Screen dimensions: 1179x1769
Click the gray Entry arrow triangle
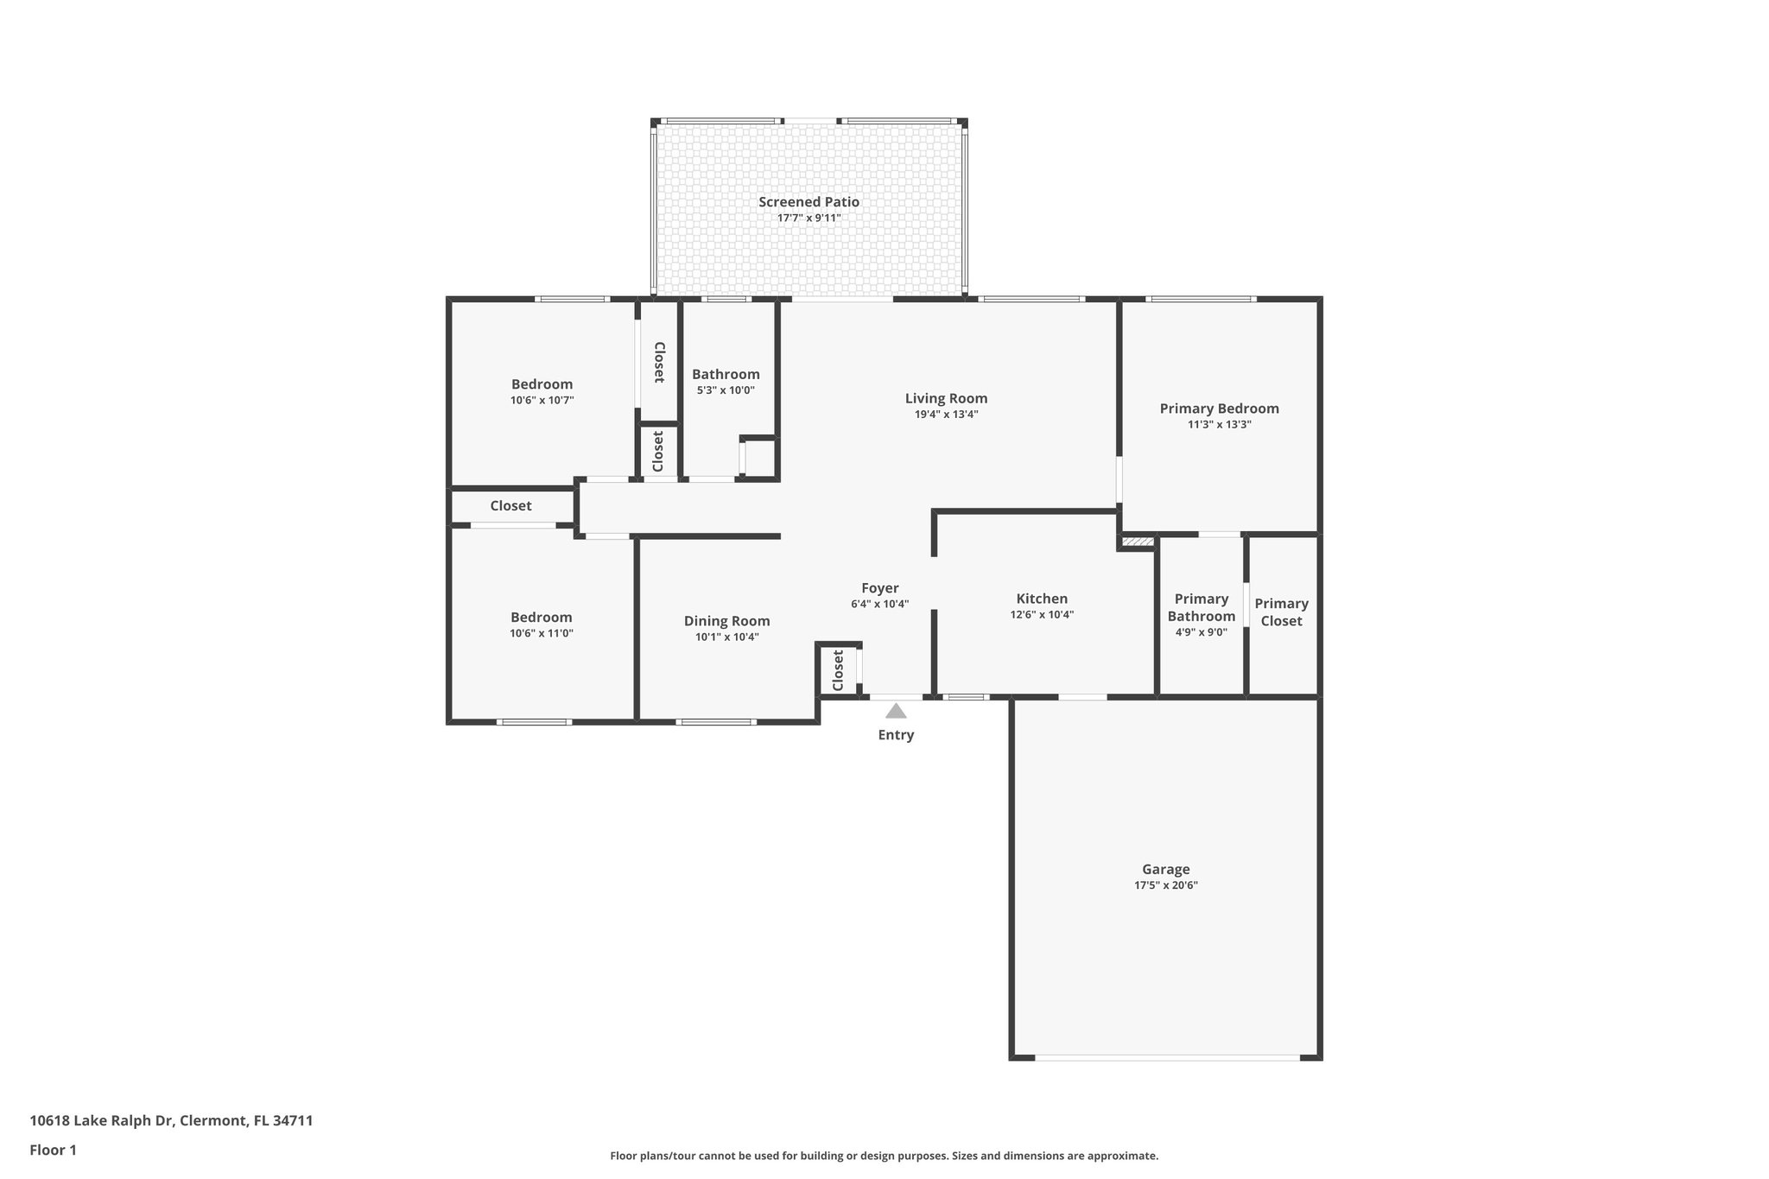pos(896,711)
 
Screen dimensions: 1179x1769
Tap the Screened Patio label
pos(808,202)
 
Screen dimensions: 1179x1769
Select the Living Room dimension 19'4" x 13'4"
pos(946,415)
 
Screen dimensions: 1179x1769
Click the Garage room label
pos(1165,870)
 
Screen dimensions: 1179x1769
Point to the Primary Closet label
pos(1281,612)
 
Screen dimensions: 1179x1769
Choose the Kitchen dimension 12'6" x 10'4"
pos(1042,615)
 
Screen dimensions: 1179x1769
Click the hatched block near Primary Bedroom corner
pos(1138,542)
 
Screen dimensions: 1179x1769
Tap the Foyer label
pos(879,588)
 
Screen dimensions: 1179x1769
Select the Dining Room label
pos(726,621)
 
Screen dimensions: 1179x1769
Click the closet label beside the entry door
pos(838,670)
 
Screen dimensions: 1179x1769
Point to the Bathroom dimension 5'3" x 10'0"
pos(726,390)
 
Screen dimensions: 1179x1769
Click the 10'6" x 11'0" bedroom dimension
pos(542,633)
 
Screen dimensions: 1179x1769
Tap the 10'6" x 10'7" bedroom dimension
pos(542,401)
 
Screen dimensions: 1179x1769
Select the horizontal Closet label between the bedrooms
pos(510,506)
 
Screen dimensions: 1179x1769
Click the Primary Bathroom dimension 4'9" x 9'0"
pos(1201,632)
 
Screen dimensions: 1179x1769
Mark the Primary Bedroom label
pos(1219,409)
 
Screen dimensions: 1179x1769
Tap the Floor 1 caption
pos(53,1150)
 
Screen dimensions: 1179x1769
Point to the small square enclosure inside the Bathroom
pos(760,458)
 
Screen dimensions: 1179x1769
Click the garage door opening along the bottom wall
pos(1166,1057)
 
